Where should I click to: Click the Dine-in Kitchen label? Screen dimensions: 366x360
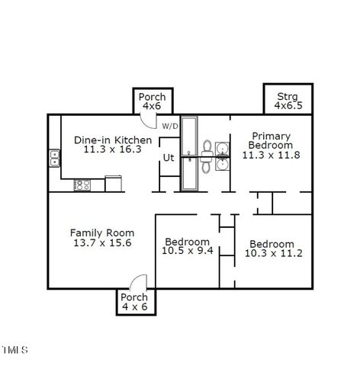click(112, 140)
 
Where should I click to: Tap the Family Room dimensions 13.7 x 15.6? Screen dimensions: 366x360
click(102, 243)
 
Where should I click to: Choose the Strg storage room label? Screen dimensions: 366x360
click(288, 96)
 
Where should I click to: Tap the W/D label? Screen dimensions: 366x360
click(169, 126)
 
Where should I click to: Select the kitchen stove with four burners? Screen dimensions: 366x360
click(82, 184)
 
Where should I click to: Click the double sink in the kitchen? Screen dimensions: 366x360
click(55, 158)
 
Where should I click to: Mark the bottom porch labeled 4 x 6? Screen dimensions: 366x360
click(134, 301)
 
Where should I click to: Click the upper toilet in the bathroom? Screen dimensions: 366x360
click(206, 146)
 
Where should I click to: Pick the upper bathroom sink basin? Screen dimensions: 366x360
click(222, 147)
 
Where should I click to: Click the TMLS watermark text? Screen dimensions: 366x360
click(14, 351)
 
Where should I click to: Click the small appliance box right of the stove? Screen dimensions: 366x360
click(113, 183)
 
